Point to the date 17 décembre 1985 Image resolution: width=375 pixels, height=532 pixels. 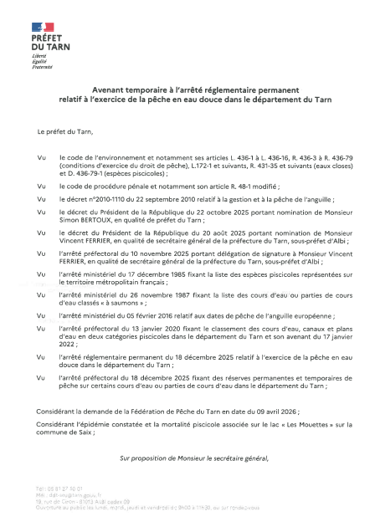coord(158,276)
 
